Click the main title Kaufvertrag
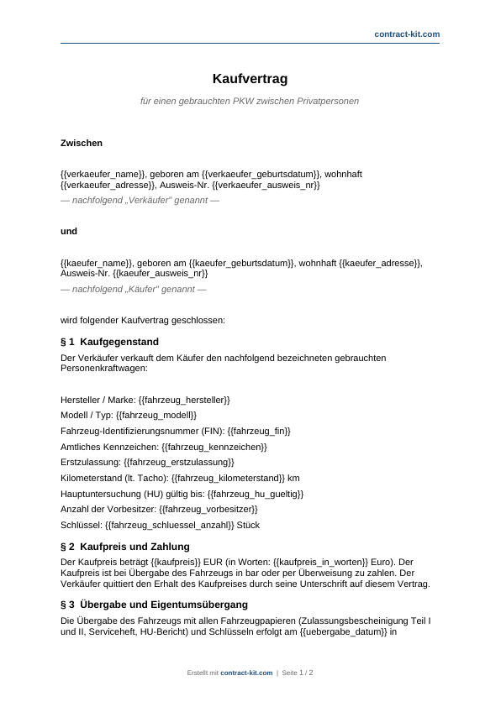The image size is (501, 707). (x=250, y=79)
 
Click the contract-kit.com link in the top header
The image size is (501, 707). (x=407, y=34)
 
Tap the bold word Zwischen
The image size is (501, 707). (x=82, y=144)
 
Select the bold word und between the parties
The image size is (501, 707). (x=69, y=230)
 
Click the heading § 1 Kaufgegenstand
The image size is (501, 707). (x=109, y=342)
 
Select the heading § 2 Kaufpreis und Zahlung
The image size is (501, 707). (x=134, y=547)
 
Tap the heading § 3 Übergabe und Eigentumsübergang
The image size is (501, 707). (x=154, y=605)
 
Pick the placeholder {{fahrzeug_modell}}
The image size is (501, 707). (x=156, y=415)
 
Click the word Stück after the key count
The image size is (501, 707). (x=249, y=526)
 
